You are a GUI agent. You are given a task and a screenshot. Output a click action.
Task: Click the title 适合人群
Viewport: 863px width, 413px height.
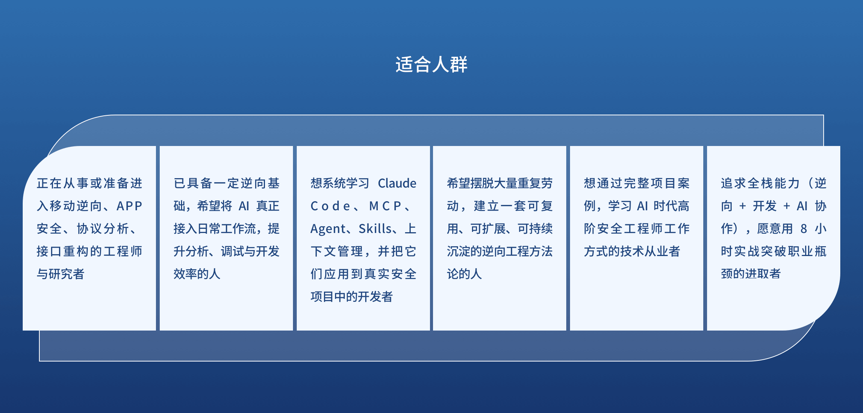431,64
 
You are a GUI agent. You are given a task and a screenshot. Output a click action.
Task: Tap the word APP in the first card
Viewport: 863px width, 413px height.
129,206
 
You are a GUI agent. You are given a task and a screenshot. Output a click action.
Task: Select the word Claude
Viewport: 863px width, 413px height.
397,183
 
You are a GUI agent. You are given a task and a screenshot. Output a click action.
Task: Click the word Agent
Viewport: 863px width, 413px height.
328,229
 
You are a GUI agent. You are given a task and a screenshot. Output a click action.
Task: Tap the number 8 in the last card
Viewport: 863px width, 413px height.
804,229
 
